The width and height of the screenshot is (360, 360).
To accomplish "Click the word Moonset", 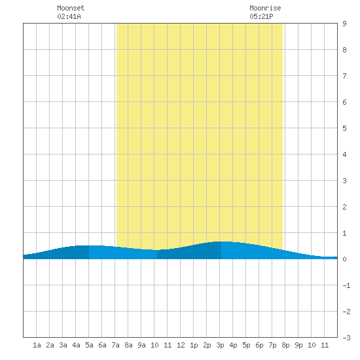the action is [71, 8].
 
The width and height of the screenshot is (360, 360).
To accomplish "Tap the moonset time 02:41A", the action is [69, 16].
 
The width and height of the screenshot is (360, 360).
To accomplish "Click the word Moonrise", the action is [265, 8].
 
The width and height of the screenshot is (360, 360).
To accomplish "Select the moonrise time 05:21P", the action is [261, 16].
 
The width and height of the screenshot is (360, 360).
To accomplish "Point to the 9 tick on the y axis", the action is [344, 24].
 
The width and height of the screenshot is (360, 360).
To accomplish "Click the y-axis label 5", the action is [344, 128].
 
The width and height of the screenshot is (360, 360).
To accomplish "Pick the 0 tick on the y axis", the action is [344, 259].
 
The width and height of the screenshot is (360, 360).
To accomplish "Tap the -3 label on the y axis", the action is [346, 338].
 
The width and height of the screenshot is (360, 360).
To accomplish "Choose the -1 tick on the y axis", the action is [346, 285].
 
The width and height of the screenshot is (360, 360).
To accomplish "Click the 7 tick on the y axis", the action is [344, 76].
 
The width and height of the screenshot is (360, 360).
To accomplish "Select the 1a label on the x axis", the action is [37, 345].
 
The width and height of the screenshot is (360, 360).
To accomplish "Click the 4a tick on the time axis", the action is [76, 345].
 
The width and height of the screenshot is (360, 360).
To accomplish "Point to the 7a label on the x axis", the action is [115, 345].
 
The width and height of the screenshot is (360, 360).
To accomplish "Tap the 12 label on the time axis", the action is [181, 345].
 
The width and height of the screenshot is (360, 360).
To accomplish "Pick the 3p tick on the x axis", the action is [220, 345].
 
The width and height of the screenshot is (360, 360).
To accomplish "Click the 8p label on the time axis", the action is [285, 345].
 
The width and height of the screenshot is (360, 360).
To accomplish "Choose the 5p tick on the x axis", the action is [246, 345].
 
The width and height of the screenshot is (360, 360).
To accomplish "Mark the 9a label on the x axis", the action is [141, 345].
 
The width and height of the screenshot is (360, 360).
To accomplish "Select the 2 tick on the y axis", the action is [344, 207].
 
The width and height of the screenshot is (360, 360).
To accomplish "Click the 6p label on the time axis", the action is [259, 345].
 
